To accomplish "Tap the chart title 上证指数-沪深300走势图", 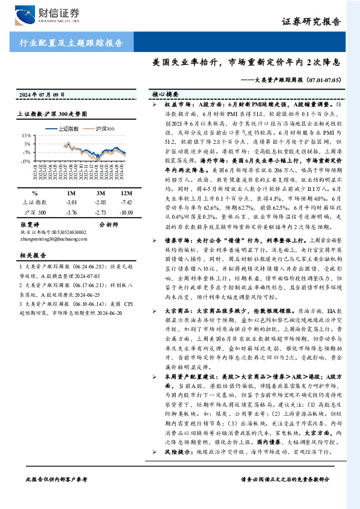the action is click(x=53, y=114).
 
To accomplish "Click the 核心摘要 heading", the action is click(x=166, y=95).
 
